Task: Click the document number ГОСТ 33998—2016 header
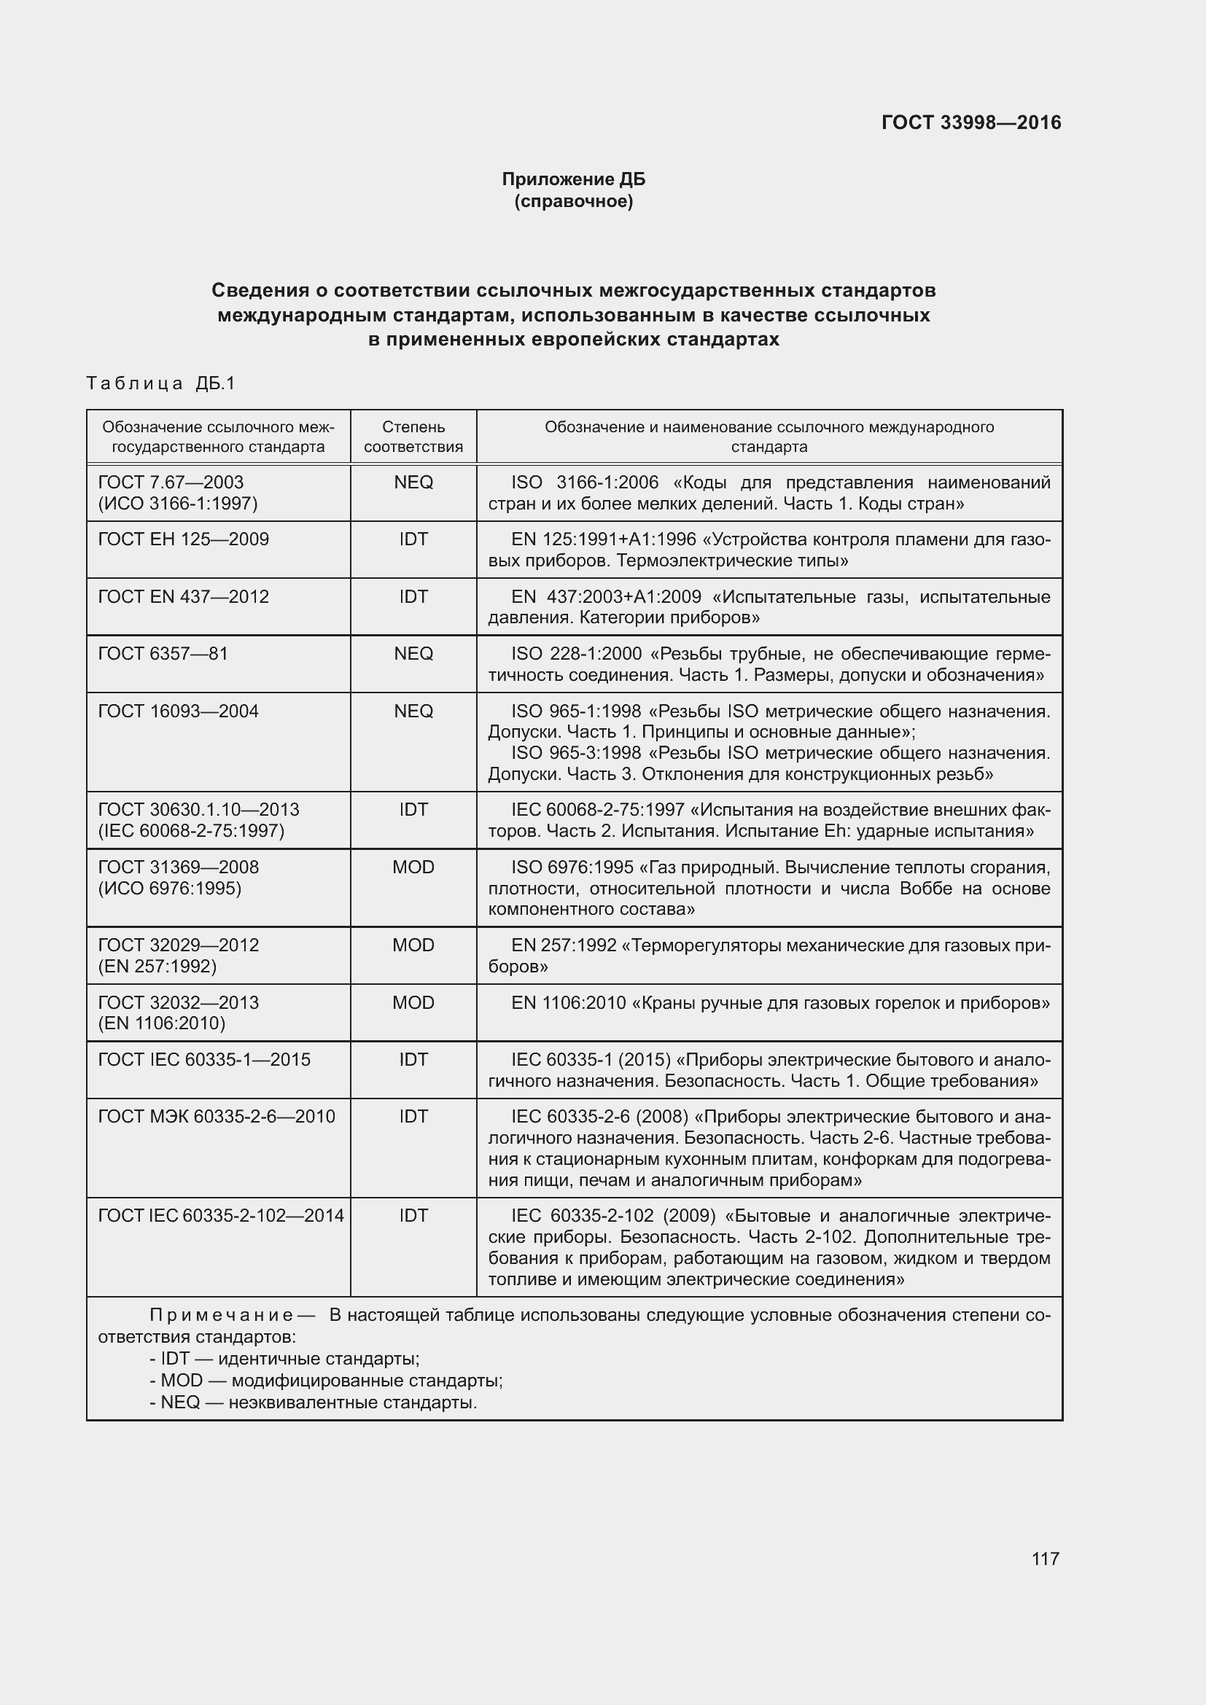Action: click(x=970, y=122)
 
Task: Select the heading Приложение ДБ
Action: click(x=573, y=179)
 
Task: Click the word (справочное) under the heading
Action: click(x=573, y=201)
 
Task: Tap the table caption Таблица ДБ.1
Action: click(x=160, y=383)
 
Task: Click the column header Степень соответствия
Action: click(x=413, y=437)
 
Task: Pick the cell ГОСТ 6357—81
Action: click(x=163, y=653)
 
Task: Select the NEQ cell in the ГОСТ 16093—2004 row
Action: click(x=413, y=711)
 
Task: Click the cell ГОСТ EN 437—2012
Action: click(x=183, y=597)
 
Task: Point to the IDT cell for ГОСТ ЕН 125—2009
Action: click(x=413, y=539)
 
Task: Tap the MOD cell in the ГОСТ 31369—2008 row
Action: click(x=413, y=867)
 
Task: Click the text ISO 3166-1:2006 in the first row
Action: click(x=585, y=483)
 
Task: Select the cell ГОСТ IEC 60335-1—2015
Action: click(x=204, y=1060)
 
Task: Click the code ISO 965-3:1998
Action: click(x=575, y=753)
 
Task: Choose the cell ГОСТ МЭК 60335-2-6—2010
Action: click(x=216, y=1117)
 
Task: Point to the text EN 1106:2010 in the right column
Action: click(x=568, y=1003)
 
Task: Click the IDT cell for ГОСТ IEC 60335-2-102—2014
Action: click(x=413, y=1216)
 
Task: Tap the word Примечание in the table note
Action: click(x=222, y=1316)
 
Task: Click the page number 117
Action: click(x=1045, y=1558)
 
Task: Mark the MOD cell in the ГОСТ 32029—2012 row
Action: click(x=413, y=945)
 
